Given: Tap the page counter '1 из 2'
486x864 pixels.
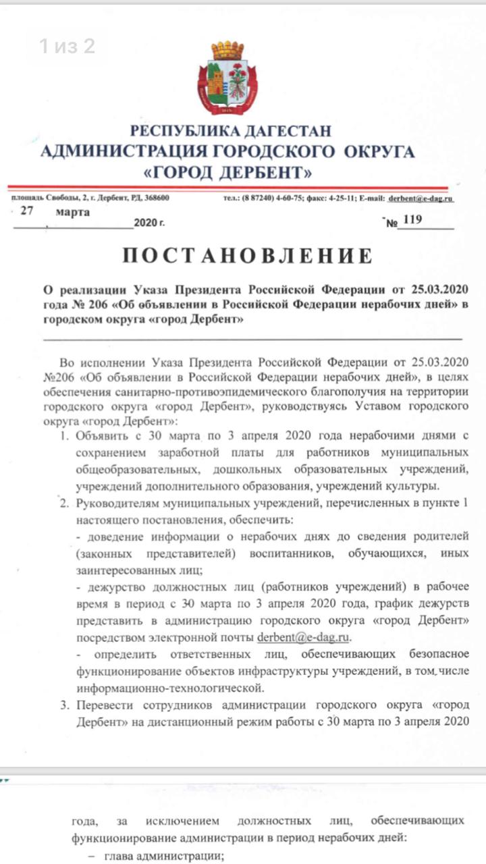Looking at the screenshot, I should click(x=66, y=46).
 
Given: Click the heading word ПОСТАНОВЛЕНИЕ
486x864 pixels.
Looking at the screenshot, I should click(x=247, y=255).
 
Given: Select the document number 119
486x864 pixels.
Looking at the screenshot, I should click(x=412, y=219).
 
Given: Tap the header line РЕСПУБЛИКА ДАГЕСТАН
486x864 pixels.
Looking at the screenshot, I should click(x=231, y=131).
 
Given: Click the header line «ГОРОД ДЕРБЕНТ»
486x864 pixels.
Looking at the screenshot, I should click(x=228, y=172).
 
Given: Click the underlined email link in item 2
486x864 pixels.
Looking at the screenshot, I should click(x=304, y=637).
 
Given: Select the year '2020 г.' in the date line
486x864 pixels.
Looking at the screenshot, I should click(x=149, y=221).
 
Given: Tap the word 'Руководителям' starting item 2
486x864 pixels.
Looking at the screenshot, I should click(x=119, y=504).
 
